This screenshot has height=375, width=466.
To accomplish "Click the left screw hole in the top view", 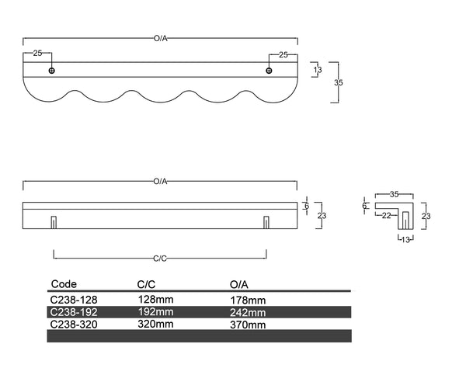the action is [x=52, y=71].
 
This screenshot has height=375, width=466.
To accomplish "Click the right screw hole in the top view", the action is [x=269, y=71].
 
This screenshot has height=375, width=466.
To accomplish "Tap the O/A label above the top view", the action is [x=161, y=38].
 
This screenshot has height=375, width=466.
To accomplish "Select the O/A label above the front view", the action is [x=161, y=181].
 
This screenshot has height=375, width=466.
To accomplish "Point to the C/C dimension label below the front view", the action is [x=160, y=259].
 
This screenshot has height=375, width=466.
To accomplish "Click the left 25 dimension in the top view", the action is [x=37, y=54].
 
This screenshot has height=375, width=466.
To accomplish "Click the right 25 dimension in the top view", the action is [x=283, y=54].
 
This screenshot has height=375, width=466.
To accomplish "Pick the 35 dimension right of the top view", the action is [x=339, y=82].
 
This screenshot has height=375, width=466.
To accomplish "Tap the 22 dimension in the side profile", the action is [x=386, y=215].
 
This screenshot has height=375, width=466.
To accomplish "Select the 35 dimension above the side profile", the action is [x=394, y=194].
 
